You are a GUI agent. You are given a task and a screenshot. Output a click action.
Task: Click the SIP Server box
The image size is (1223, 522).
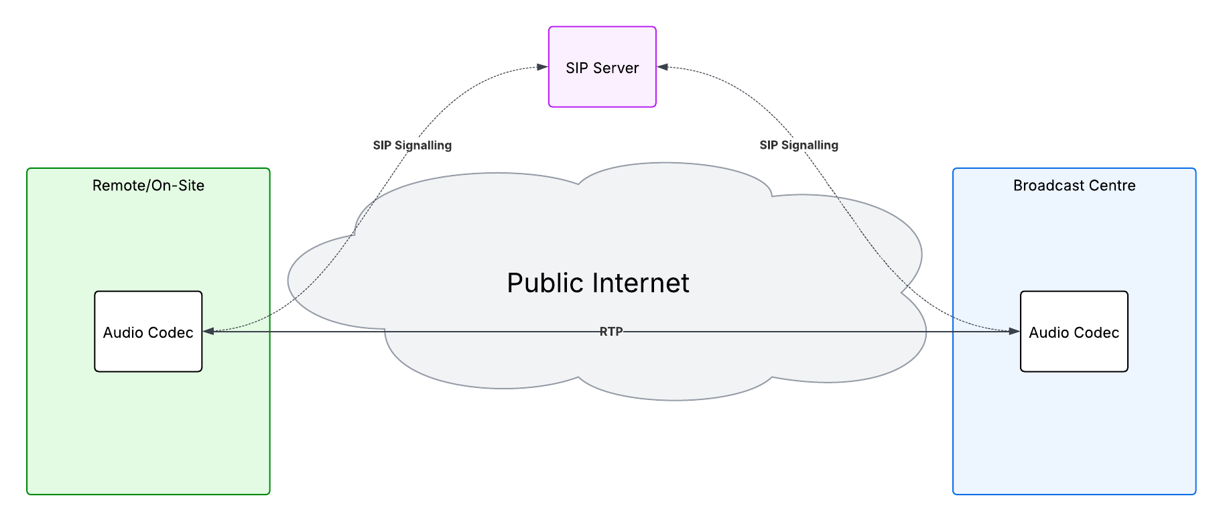[602, 67]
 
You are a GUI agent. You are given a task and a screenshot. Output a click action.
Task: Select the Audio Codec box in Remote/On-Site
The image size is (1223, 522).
[148, 332]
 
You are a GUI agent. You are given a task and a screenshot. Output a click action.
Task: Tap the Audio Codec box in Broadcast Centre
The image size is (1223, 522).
[1074, 332]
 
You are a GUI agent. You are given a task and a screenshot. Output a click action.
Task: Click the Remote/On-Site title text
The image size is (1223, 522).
[148, 186]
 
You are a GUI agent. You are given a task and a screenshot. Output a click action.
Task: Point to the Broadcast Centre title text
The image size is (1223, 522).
[1074, 186]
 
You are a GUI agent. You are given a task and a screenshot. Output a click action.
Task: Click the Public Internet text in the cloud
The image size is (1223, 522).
[598, 283]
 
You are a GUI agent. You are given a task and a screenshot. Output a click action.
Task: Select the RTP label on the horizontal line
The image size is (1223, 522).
[610, 331]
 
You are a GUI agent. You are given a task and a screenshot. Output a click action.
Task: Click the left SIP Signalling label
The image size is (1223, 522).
[412, 145]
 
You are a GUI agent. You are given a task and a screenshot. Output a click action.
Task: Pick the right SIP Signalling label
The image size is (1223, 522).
[799, 145]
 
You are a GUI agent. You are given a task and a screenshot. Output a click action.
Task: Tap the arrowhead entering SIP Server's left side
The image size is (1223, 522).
[543, 67]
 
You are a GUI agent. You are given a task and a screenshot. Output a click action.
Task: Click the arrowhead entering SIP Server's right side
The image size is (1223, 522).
[662, 67]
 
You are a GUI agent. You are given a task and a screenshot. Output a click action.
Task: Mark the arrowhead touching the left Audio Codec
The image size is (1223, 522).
[208, 331]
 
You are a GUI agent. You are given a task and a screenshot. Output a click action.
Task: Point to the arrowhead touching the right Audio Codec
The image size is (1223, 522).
[1014, 331]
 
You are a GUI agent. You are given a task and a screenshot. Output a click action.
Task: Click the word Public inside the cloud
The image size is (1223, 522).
[545, 283]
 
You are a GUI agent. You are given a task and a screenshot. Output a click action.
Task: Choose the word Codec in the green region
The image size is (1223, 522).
[171, 332]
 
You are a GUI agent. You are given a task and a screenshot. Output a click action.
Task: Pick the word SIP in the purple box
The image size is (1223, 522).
[576, 68]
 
